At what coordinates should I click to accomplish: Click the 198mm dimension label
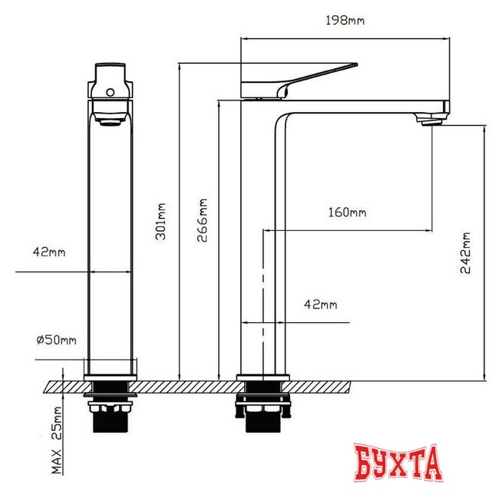pyautogui.click(x=345, y=21)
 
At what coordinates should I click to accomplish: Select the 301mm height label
pyautogui.click(x=160, y=222)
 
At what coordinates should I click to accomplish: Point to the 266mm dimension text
pyautogui.click(x=203, y=220)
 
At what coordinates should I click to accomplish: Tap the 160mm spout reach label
pyautogui.click(x=348, y=213)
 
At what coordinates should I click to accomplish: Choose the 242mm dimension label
pyautogui.click(x=465, y=253)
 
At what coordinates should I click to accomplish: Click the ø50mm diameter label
pyautogui.click(x=56, y=340)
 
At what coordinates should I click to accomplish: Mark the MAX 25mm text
pyautogui.click(x=57, y=440)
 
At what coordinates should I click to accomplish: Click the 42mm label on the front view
pyautogui.click(x=49, y=252)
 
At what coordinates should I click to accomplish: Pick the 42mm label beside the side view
pyautogui.click(x=321, y=305)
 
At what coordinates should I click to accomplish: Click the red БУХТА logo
pyautogui.click(x=398, y=462)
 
